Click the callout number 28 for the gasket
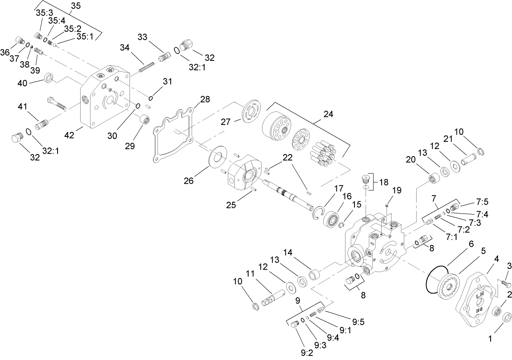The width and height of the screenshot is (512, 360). pyautogui.click(x=205, y=99)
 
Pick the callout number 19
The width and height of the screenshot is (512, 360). pyautogui.click(x=396, y=190)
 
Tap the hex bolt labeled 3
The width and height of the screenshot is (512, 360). pyautogui.click(x=506, y=283)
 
